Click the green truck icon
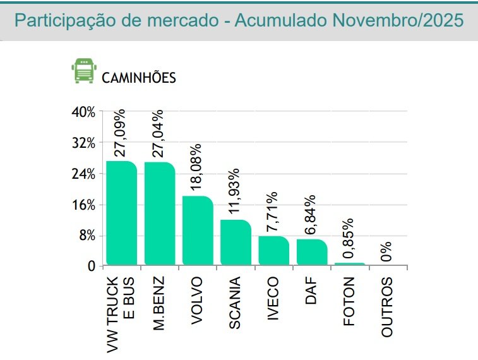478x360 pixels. (81, 71)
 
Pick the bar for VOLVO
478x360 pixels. (198, 231)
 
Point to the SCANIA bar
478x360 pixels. (236, 243)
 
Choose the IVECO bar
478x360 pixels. (273, 251)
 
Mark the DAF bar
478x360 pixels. (311, 252)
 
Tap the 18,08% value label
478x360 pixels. (196, 166)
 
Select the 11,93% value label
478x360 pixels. (234, 190)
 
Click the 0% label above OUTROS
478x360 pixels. (386, 251)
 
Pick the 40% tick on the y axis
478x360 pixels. (83, 112)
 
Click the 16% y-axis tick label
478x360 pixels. (83, 205)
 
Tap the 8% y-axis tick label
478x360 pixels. (87, 236)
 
